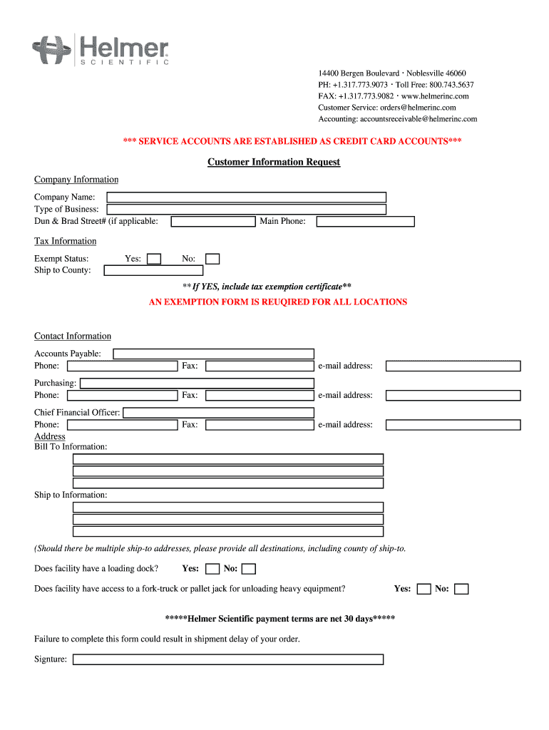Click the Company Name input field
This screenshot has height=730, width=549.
point(246,197)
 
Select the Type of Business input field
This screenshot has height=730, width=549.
point(246,210)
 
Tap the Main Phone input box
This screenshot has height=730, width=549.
point(365,222)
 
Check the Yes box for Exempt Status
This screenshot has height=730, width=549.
point(154,259)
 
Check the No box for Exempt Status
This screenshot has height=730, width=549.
point(212,259)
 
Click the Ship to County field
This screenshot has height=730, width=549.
point(153,271)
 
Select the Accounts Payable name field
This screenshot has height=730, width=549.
point(214,354)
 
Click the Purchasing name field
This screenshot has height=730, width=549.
point(197,383)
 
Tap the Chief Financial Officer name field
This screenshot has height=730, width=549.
point(218,413)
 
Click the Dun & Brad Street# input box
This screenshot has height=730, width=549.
point(213,222)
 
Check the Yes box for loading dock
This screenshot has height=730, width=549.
point(212,569)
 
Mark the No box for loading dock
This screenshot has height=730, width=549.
point(248,569)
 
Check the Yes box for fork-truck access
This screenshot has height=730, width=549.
point(424,589)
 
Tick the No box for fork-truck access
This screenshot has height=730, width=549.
point(461,589)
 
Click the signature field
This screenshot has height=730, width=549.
point(228,659)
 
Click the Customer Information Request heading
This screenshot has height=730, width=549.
point(274,163)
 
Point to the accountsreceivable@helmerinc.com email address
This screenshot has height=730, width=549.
point(419,119)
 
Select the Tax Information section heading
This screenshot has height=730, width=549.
point(65,242)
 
